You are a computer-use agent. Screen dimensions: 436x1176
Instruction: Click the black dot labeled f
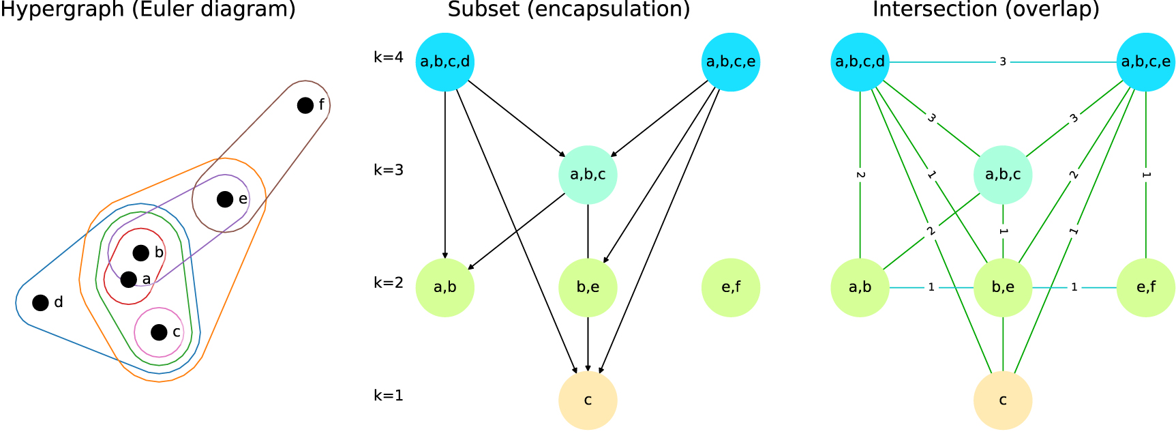pos(305,105)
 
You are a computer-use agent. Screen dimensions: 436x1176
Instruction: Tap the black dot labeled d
pos(41,302)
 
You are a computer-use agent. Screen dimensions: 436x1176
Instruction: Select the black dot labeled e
pos(225,199)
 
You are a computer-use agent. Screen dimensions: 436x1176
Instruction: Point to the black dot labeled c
pos(159,332)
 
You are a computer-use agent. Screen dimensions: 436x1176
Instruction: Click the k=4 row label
pos(388,57)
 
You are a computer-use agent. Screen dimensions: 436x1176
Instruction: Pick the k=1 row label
pos(388,395)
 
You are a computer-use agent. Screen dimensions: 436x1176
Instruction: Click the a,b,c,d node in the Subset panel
pos(445,62)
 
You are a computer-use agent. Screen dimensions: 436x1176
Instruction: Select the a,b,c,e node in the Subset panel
pos(731,62)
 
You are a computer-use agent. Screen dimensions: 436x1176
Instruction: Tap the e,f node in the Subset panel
pos(731,287)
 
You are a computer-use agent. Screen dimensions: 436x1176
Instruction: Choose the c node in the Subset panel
pos(588,400)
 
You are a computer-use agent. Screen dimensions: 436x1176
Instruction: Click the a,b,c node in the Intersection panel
pos(1003,175)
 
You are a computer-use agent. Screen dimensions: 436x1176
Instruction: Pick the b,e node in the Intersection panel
pos(1003,287)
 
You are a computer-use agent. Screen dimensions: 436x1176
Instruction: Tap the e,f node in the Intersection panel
pos(1146,287)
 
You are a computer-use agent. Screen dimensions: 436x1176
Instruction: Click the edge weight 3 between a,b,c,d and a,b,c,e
pos(1003,62)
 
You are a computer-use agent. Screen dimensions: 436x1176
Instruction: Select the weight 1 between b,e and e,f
pos(1074,287)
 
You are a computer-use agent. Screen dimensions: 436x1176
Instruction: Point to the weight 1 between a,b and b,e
pos(931,287)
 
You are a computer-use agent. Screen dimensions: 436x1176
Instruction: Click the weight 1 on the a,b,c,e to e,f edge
pos(1146,175)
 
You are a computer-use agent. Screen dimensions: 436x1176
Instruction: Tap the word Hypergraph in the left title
pos(62,10)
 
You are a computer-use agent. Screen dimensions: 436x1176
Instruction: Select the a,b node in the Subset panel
pos(445,287)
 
